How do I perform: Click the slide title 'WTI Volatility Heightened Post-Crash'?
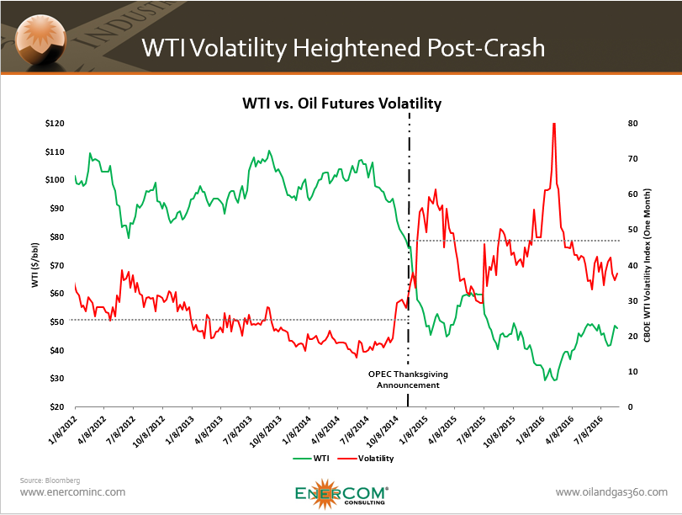tap(342, 47)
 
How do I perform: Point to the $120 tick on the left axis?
tap(54, 124)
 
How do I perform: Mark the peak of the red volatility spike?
tap(554, 124)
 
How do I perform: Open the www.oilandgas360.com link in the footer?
tap(611, 492)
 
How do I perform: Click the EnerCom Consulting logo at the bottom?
tap(341, 495)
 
